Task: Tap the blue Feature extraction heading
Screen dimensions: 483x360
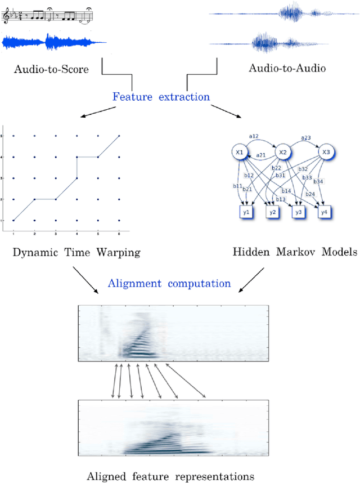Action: [161, 96]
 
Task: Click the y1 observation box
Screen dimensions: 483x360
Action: [246, 213]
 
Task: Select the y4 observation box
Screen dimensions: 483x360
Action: [324, 213]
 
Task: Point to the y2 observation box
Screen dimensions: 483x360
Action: [273, 213]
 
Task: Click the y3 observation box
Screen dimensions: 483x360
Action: [299, 213]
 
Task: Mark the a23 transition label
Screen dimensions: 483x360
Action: [305, 137]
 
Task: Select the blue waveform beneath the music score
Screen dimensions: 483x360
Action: [53, 42]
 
